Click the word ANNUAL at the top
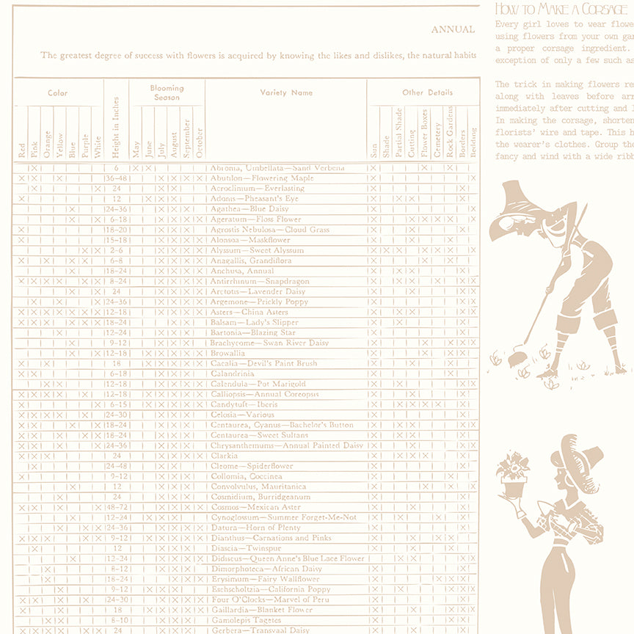453,30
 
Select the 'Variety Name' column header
286,92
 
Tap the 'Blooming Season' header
167,92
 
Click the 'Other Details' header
427,92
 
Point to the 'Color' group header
58,93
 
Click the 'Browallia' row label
228,353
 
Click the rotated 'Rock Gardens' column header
450,132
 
